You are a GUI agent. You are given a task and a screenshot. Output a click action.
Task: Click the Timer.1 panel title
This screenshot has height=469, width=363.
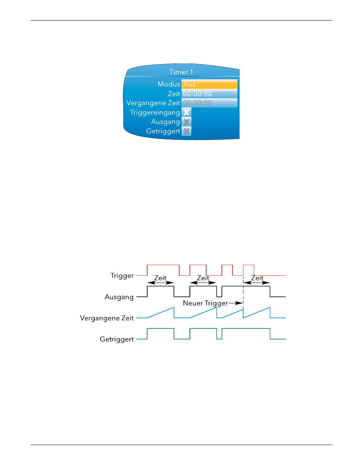pyautogui.click(x=181, y=72)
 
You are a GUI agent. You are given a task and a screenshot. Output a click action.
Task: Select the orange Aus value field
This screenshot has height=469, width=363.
pyautogui.click(x=209, y=84)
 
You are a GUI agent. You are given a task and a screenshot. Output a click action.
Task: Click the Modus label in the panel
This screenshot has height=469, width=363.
pyautogui.click(x=169, y=84)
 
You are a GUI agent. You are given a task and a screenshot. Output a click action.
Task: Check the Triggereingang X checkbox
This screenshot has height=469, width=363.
pyautogui.click(x=186, y=112)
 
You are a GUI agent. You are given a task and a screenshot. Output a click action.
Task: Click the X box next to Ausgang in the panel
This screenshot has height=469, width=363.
pyautogui.click(x=186, y=122)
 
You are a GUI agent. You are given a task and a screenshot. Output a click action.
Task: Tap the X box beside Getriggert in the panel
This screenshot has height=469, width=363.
pyautogui.click(x=186, y=131)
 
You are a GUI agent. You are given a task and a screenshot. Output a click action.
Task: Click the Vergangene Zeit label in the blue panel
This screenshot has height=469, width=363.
pyautogui.click(x=153, y=103)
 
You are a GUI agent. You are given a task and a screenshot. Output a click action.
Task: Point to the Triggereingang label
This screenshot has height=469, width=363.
pyautogui.click(x=155, y=113)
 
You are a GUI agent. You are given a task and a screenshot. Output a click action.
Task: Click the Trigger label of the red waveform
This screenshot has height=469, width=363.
pyautogui.click(x=122, y=276)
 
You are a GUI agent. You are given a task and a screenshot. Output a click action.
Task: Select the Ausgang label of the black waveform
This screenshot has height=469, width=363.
pyautogui.click(x=119, y=297)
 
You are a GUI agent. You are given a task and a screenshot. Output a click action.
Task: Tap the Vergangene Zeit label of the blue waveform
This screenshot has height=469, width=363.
pyautogui.click(x=107, y=318)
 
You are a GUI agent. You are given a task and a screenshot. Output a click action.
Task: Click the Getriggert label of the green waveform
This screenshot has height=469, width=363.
pyautogui.click(x=117, y=339)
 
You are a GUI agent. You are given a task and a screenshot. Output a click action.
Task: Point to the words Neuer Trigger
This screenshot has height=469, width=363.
pyautogui.click(x=205, y=303)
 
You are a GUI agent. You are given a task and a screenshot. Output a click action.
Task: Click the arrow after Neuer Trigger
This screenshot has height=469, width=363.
pyautogui.click(x=236, y=303)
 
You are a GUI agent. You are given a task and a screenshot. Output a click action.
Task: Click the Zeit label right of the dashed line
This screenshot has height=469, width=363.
pyautogui.click(x=257, y=278)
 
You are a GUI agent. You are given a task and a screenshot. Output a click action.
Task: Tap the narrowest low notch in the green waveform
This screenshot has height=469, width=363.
pyautogui.click(x=219, y=339)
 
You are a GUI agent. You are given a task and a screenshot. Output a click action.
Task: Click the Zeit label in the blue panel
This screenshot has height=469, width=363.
pyautogui.click(x=174, y=94)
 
